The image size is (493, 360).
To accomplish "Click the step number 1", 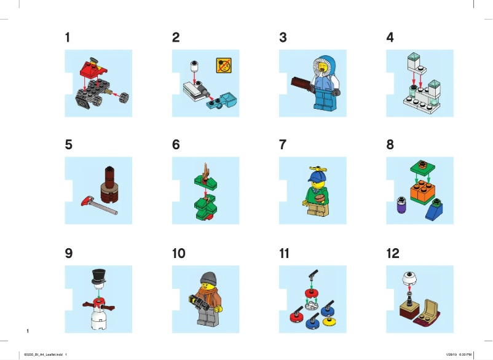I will click(67, 37).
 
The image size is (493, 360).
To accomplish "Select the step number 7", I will click(283, 146).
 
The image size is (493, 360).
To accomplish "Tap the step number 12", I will click(393, 254).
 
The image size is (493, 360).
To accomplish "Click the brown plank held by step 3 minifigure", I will click(299, 82).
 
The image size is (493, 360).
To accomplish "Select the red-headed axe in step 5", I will click(89, 200).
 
